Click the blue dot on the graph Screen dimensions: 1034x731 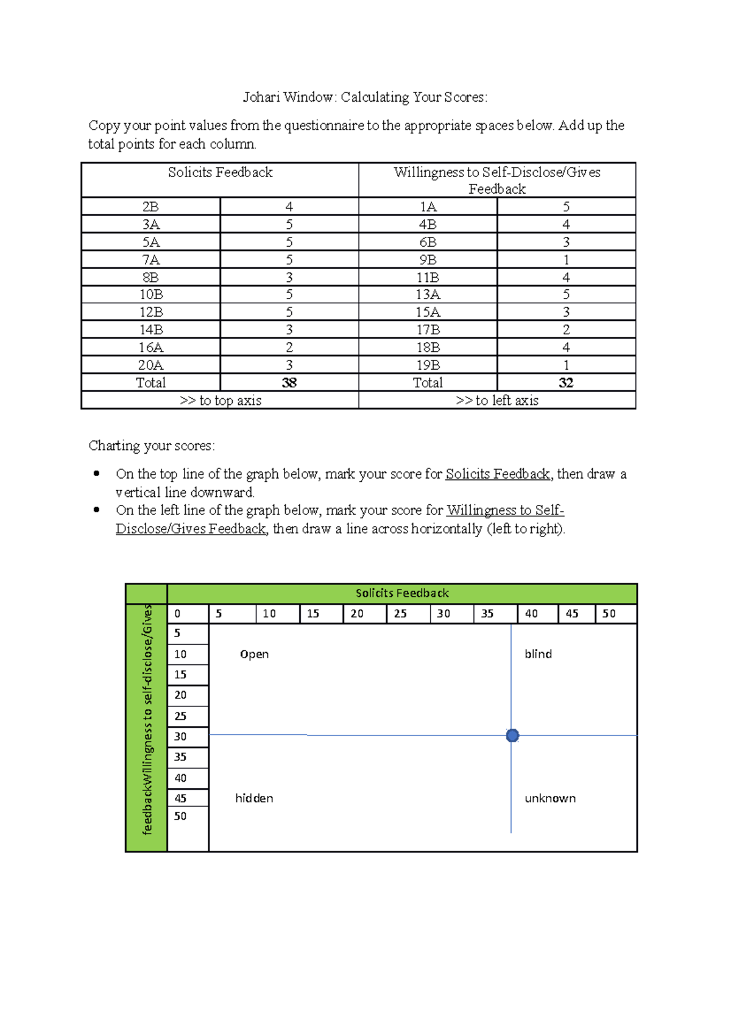click(x=512, y=736)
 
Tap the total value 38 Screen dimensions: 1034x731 click(x=289, y=382)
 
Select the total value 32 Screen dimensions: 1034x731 click(x=566, y=382)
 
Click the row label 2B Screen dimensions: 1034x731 click(x=150, y=207)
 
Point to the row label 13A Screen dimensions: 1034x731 click(x=428, y=295)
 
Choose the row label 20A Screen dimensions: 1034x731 click(x=150, y=365)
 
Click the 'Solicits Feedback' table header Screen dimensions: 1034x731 click(x=220, y=173)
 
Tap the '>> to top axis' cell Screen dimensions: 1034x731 click(x=220, y=401)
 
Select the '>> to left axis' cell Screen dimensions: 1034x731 click(x=497, y=401)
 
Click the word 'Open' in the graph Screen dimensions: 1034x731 click(x=254, y=655)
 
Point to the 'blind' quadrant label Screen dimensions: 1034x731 click(x=538, y=654)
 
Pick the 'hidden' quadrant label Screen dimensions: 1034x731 click(x=254, y=798)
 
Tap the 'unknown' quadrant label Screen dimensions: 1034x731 click(x=550, y=798)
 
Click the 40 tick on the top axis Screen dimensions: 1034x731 click(x=531, y=614)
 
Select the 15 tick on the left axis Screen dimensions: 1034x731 click(x=180, y=675)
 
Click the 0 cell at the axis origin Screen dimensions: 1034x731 click(x=177, y=614)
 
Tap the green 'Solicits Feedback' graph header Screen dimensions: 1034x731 click(x=402, y=593)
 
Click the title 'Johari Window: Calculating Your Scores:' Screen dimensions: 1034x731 click(x=365, y=97)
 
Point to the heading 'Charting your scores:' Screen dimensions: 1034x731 click(x=152, y=446)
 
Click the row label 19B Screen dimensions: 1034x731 click(x=428, y=365)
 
